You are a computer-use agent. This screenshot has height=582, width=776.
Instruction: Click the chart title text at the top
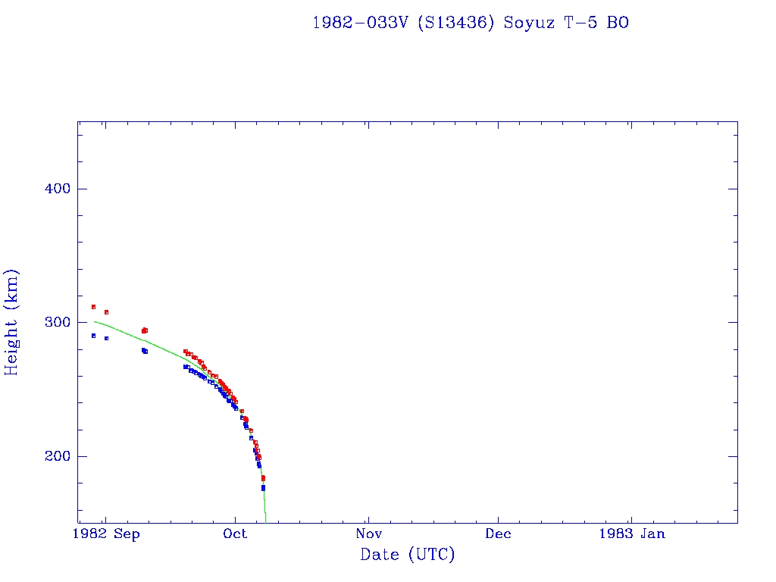(x=470, y=23)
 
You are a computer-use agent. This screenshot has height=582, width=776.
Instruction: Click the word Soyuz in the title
(x=528, y=23)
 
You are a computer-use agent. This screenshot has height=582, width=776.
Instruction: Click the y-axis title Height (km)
(x=11, y=322)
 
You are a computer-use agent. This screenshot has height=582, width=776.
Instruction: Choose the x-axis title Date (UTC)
(x=408, y=555)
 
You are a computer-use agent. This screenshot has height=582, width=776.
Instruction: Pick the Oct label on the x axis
(x=236, y=533)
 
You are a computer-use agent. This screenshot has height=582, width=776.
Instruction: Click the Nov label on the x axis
(x=368, y=533)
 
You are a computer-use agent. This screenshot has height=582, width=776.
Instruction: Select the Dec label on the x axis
(x=499, y=533)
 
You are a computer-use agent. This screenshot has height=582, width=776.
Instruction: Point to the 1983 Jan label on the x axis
(x=631, y=533)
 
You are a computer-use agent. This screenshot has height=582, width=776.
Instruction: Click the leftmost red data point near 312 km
(x=93, y=307)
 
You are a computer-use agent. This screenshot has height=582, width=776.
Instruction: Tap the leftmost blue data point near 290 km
(x=93, y=336)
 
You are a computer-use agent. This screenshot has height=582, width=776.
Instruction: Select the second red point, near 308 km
(x=106, y=312)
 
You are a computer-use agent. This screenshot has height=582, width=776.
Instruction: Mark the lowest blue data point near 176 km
(x=263, y=488)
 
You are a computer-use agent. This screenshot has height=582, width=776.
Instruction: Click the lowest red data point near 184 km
(x=263, y=478)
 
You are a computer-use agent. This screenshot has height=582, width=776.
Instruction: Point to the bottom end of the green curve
(x=265, y=521)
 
